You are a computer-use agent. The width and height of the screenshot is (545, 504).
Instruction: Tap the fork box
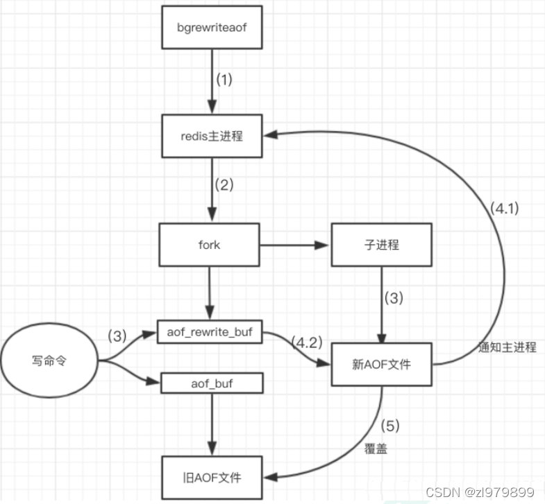pos(209,245)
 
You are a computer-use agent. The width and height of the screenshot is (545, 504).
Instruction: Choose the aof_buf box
pos(209,381)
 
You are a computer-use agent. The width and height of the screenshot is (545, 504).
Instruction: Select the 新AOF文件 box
pos(381,363)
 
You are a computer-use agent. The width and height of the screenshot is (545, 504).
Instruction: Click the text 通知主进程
pos(508,347)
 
